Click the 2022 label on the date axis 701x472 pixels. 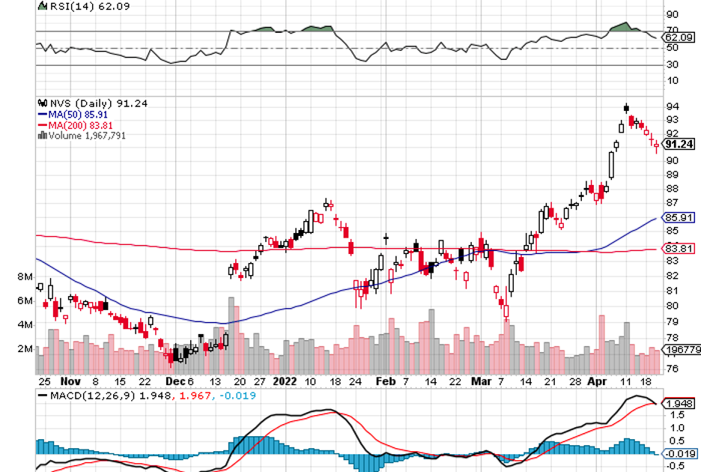(284, 381)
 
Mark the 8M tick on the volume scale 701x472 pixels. (25, 277)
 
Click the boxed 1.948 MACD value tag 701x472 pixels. (679, 403)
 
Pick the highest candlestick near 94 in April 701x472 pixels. (626, 109)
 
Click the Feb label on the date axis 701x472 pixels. (384, 381)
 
